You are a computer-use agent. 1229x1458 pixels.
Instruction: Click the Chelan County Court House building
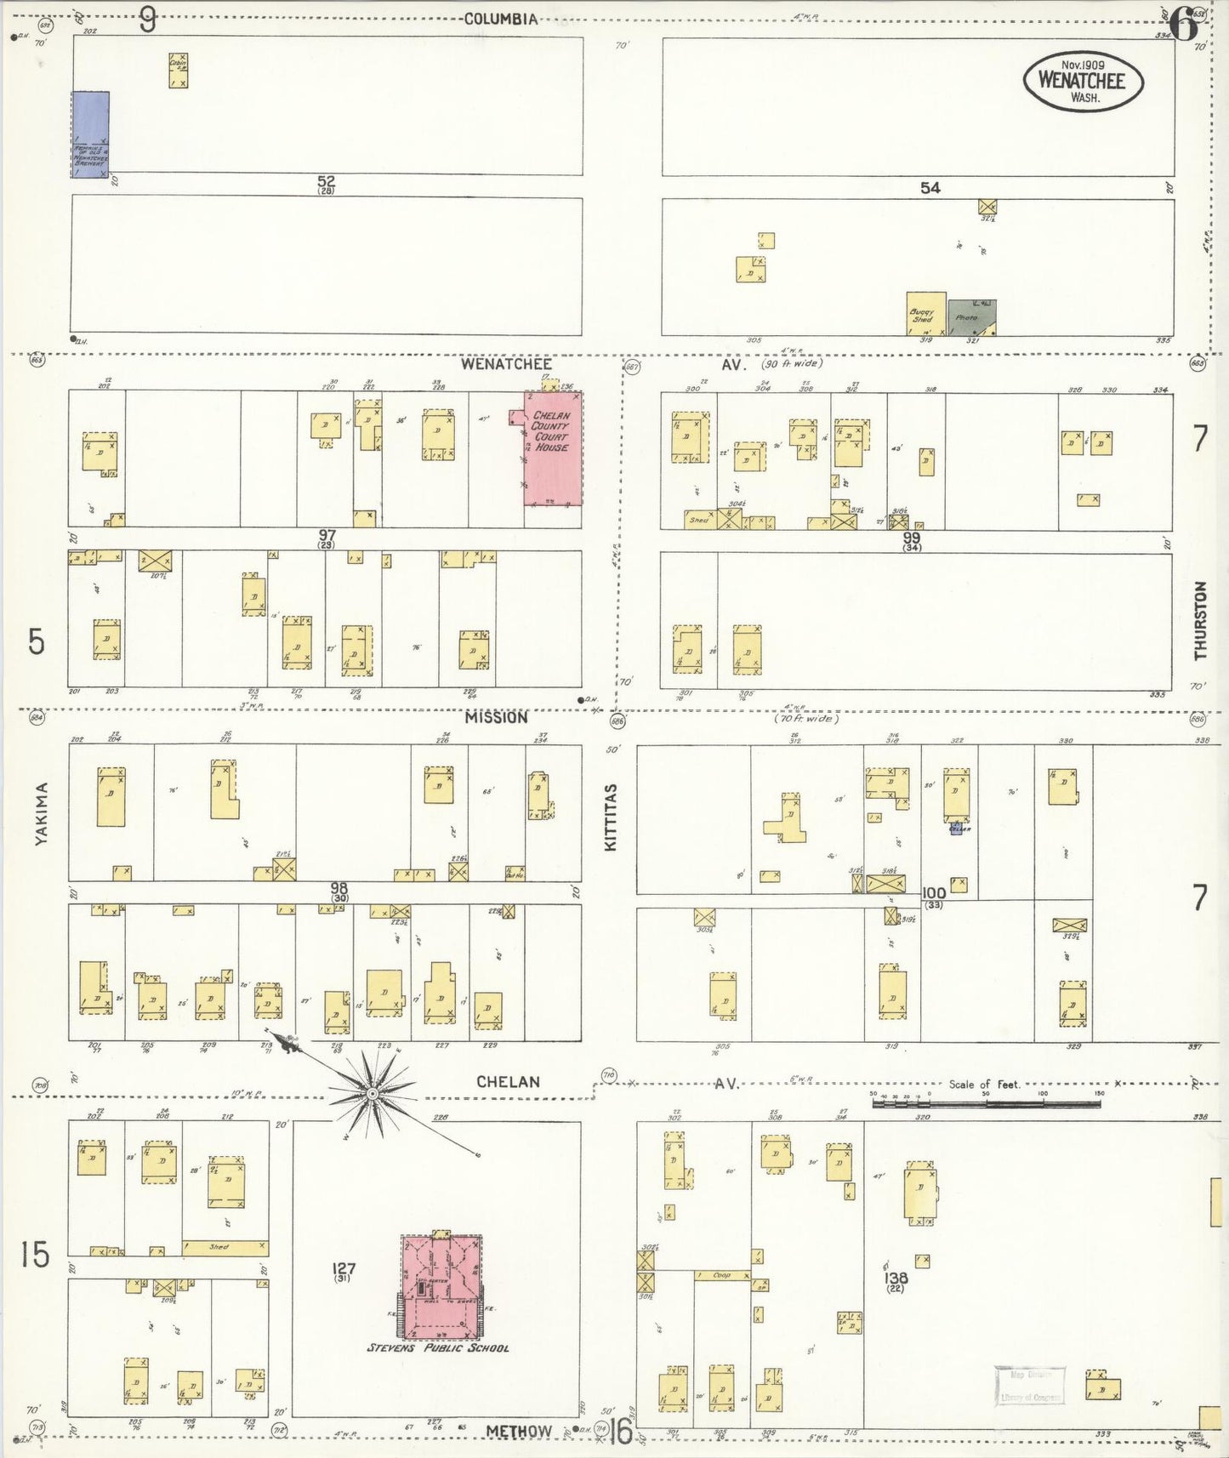click(554, 449)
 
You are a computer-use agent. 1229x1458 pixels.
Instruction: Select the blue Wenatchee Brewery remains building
click(89, 134)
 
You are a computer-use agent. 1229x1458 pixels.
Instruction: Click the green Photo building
click(971, 317)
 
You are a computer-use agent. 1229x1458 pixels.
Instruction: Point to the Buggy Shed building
click(925, 314)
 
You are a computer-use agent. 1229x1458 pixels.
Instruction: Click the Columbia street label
click(501, 19)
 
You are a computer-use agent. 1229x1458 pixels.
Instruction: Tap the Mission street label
click(496, 717)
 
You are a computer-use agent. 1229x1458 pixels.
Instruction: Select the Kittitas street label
click(610, 817)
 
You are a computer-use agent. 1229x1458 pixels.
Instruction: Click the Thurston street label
click(1200, 620)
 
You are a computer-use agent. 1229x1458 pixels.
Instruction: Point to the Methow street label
click(519, 1431)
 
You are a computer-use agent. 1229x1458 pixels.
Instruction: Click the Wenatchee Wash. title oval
click(1083, 82)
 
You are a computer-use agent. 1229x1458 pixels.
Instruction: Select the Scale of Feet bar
click(986, 1103)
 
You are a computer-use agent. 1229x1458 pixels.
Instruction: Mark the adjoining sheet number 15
click(35, 1255)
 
